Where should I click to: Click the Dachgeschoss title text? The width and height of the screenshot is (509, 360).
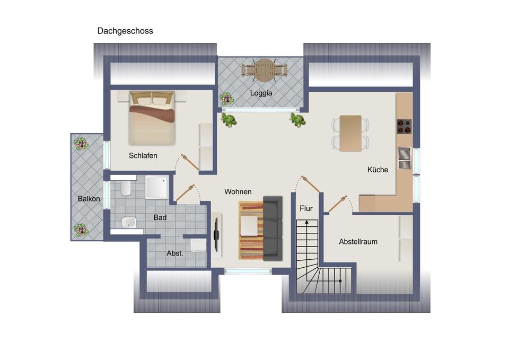(x=125, y=31)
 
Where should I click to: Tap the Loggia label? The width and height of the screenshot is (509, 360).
(x=261, y=93)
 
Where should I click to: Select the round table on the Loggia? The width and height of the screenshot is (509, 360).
(x=264, y=69)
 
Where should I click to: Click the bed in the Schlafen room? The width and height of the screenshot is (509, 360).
(x=152, y=119)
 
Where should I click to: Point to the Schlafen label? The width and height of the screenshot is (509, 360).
(x=143, y=156)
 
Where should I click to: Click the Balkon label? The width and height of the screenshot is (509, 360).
(x=89, y=199)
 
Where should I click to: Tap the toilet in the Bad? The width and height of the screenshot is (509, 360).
(x=126, y=188)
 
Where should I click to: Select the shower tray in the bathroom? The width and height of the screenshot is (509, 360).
(x=156, y=187)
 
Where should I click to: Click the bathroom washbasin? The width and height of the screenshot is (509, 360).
(x=128, y=222)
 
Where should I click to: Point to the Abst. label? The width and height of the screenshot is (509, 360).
(x=174, y=253)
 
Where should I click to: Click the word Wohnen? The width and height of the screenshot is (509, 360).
(x=238, y=191)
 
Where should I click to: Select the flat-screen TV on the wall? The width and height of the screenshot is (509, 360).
(x=216, y=234)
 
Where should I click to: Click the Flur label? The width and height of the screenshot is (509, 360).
(x=306, y=208)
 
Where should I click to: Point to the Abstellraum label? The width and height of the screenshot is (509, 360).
(x=358, y=241)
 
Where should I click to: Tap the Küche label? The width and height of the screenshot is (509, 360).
(x=378, y=170)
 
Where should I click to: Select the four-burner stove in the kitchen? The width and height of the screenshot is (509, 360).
(x=405, y=126)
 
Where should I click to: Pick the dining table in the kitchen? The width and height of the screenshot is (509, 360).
(x=350, y=133)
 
